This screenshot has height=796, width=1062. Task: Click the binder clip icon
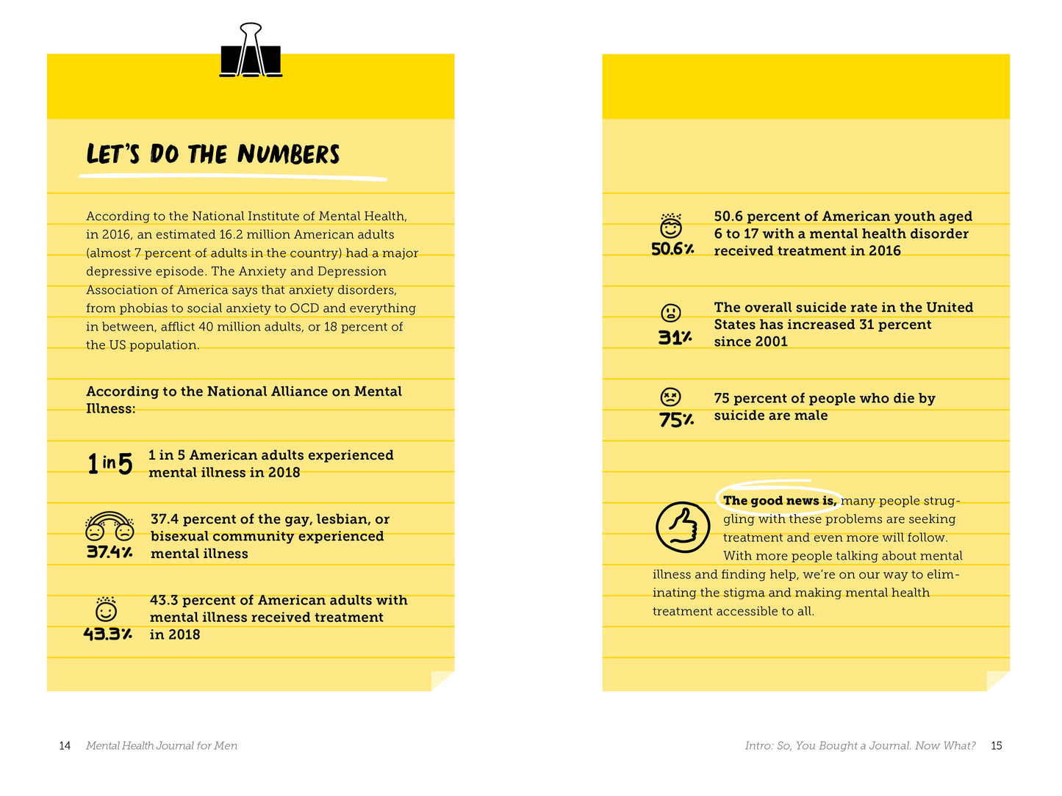point(251,51)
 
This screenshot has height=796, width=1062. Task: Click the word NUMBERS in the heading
point(288,154)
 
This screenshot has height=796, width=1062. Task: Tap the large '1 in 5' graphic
point(110,463)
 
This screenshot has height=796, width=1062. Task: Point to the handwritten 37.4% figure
point(110,551)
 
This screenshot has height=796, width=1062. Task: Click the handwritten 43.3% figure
point(107,634)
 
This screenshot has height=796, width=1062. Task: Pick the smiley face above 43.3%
point(107,609)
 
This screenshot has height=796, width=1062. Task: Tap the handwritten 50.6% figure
point(672,249)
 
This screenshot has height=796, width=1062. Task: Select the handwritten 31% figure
point(675,338)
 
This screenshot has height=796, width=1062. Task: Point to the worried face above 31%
point(671,313)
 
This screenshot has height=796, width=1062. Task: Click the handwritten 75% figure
point(676,420)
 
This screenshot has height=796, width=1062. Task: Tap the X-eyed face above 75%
point(670,397)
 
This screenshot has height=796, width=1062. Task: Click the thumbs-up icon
point(683,527)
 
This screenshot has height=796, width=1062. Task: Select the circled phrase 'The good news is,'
point(779,501)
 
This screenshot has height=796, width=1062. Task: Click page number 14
point(65,746)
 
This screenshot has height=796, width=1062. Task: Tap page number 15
point(997,746)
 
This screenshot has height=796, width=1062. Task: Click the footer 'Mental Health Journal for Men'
point(162,746)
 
